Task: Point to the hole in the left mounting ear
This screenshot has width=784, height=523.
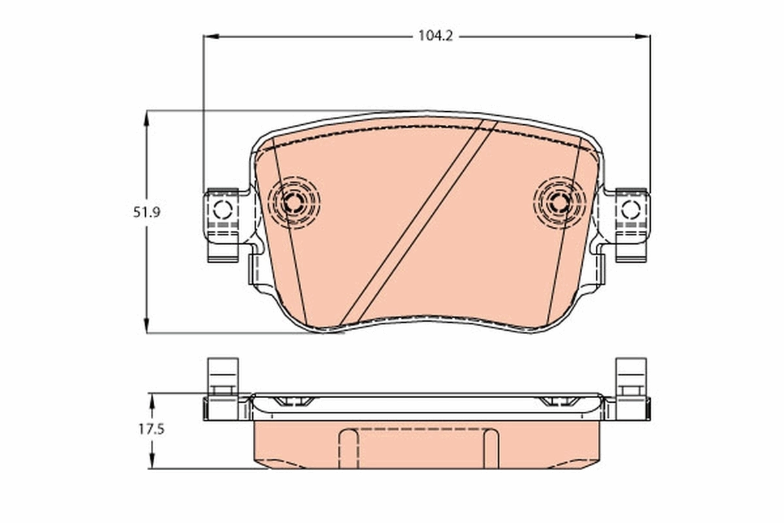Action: [x=223, y=210]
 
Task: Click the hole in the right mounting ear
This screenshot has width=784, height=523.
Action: [x=630, y=210]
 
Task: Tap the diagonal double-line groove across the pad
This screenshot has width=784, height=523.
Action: [x=418, y=222]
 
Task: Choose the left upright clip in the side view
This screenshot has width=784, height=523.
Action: [x=223, y=376]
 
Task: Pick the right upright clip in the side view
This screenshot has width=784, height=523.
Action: [x=630, y=376]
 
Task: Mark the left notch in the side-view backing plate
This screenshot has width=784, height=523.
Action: [x=291, y=401]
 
